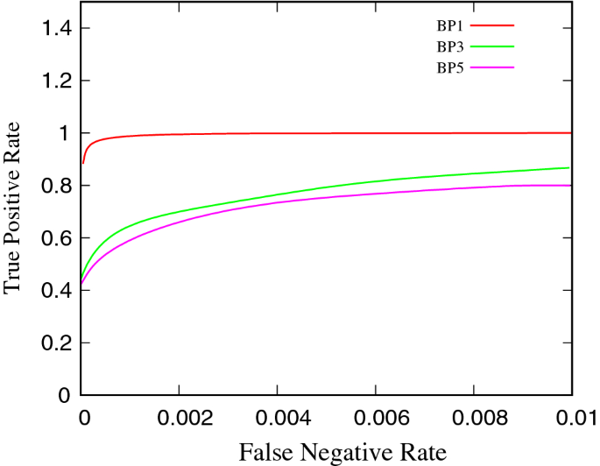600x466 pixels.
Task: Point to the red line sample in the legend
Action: tap(493, 25)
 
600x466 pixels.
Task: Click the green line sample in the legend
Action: tap(493, 46)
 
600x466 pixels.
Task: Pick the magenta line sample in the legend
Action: tap(493, 67)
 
